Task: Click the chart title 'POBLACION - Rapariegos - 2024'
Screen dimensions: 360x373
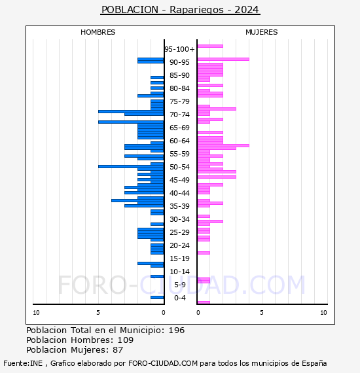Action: point(180,10)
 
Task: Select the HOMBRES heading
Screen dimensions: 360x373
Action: point(98,32)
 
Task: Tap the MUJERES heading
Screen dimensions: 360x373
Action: point(262,32)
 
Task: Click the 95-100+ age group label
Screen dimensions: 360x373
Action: point(179,49)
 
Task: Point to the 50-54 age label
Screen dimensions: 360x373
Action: point(179,167)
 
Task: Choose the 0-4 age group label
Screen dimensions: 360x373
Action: point(179,298)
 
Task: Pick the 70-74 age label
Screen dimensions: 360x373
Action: point(179,115)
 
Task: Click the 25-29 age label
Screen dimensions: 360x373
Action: point(179,232)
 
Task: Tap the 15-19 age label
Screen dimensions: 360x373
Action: point(179,258)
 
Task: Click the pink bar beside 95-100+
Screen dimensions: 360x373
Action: point(210,46)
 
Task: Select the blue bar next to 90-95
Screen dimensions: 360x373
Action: point(151,61)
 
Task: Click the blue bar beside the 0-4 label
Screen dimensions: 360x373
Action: point(157,297)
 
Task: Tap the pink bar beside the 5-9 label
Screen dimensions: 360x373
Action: point(204,281)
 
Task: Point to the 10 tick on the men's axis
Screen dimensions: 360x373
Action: point(36,313)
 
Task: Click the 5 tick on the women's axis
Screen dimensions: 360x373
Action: point(262,313)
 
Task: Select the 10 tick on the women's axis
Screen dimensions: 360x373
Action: point(323,313)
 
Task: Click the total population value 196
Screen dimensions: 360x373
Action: point(176,330)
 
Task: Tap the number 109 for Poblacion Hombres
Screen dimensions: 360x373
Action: point(126,340)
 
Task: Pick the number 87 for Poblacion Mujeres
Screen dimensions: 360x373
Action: point(118,350)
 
